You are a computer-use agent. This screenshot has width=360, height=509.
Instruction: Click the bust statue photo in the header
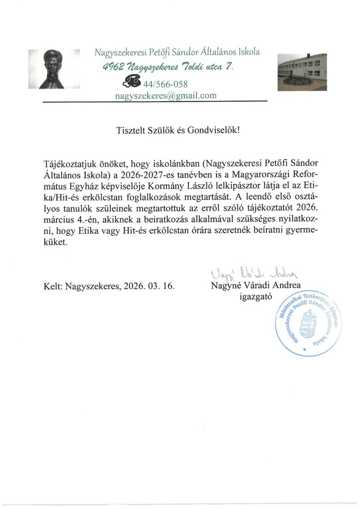tap(54, 69)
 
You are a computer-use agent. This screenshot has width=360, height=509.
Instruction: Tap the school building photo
tap(302, 71)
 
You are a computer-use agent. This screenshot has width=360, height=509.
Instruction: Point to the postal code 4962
tap(113, 67)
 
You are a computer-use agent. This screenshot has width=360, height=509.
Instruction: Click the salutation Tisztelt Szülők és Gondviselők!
tap(178, 130)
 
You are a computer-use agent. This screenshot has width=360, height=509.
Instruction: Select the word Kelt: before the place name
tap(53, 286)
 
